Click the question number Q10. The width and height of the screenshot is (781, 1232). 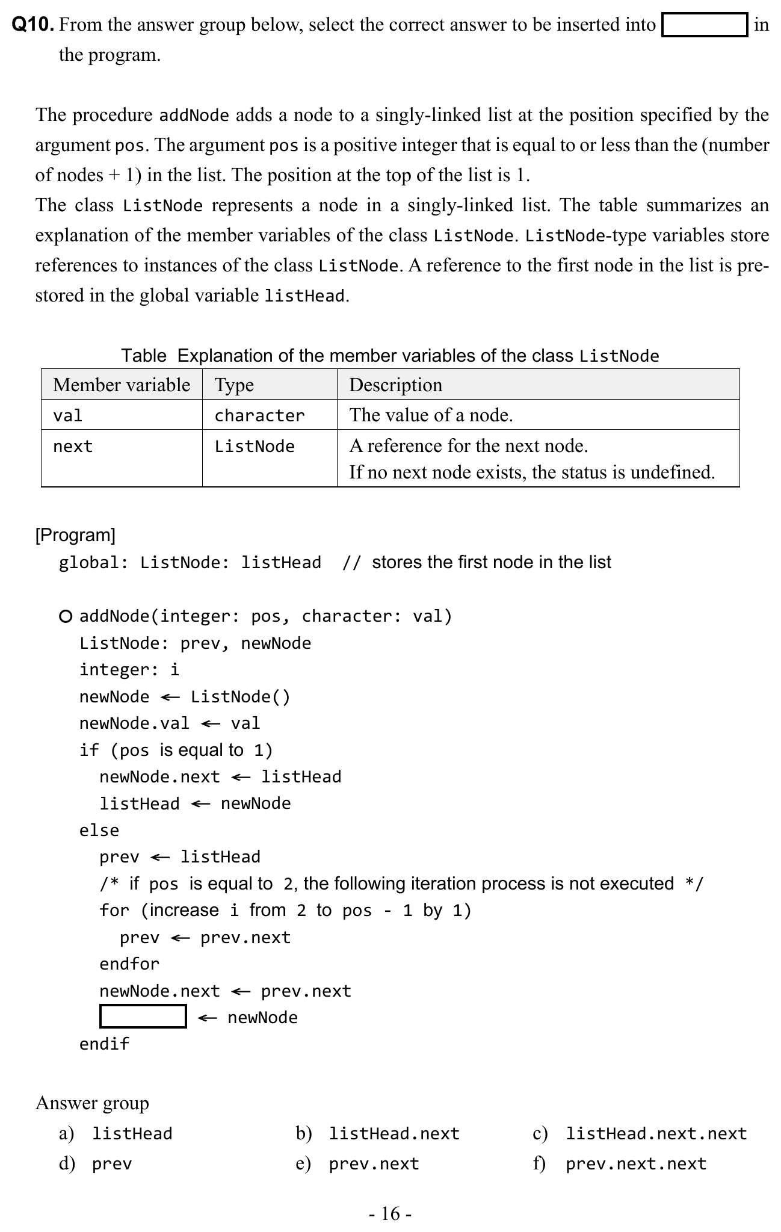[34, 25]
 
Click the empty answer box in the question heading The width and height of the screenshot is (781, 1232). [704, 25]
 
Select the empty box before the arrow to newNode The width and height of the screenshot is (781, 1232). [143, 1017]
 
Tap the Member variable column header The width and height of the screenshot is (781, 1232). [122, 385]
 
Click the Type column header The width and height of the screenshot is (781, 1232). [234, 385]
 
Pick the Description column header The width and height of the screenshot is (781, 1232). [395, 385]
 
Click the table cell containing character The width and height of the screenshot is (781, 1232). [259, 415]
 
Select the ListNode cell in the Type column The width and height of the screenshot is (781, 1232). [255, 446]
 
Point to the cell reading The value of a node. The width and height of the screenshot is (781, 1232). [431, 415]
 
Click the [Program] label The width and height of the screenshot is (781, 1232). [75, 534]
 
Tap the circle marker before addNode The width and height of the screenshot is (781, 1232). [66, 616]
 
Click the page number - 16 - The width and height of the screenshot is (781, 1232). [390, 1213]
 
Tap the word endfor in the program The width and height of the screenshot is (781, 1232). [129, 964]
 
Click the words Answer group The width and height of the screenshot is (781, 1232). [92, 1103]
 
